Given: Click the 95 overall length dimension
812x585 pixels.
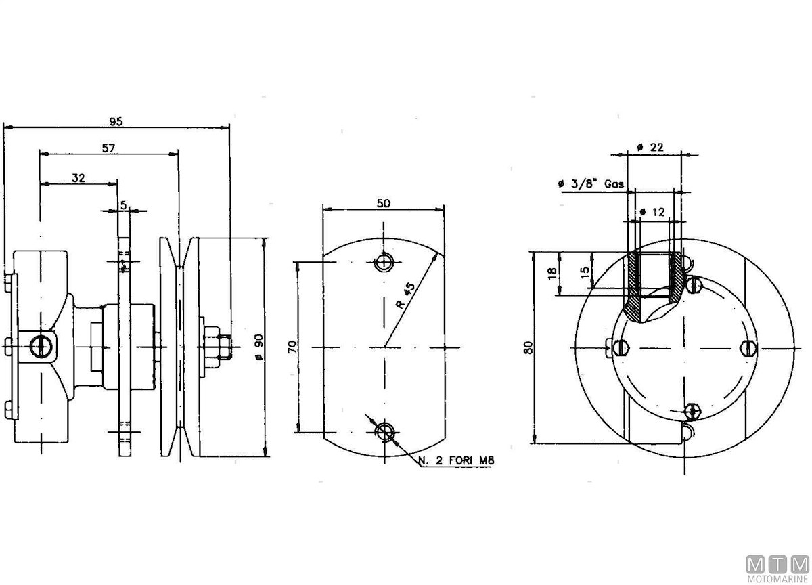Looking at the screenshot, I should pos(116,122).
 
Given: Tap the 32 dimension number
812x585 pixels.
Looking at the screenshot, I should pos(78,178).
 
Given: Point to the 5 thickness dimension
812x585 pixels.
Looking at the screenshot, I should pos(123,203).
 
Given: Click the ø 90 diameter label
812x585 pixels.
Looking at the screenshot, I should pos(258,347).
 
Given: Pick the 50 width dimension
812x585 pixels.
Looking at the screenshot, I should pos(383,204).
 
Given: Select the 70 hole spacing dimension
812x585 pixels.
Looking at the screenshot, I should pos(292,347).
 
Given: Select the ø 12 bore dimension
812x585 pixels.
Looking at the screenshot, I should pos(653,212).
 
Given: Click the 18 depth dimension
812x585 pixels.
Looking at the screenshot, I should pos(553,273).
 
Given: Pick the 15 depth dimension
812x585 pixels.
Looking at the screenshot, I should pos(585,269).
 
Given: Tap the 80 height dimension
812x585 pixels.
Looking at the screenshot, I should pos(528,347).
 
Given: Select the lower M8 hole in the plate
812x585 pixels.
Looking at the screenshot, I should pos(385,431).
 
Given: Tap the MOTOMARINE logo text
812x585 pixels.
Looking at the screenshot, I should pos(777,579).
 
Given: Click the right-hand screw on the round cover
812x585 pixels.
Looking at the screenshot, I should pos(747,347).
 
